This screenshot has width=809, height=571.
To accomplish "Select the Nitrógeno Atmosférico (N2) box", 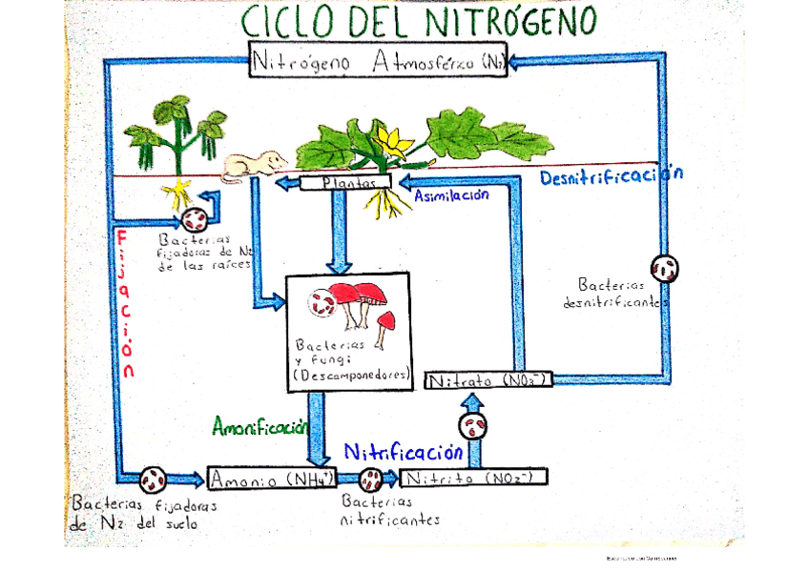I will click(378, 63).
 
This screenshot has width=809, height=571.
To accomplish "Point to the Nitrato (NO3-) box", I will click(487, 380).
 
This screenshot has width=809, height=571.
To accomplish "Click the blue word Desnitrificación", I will click(612, 175).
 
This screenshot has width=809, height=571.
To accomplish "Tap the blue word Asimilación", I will click(451, 195).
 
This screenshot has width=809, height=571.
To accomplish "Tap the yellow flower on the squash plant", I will click(391, 140).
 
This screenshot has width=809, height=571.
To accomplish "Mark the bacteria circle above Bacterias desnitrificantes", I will click(665, 268).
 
